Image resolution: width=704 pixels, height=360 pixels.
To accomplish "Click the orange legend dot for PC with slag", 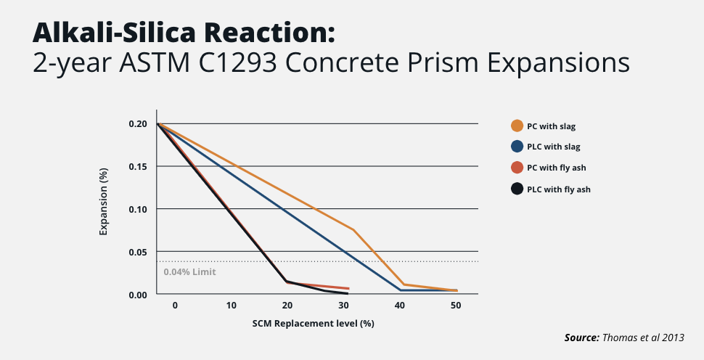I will tap(517, 126).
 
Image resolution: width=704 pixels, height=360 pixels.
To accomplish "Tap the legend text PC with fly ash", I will tap(556, 168).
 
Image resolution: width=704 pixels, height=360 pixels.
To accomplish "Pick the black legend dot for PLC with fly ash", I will tap(517, 189).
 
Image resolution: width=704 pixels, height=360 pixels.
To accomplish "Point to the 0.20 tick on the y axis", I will tap(138, 124).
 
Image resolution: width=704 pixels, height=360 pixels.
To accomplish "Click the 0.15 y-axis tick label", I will tap(138, 167).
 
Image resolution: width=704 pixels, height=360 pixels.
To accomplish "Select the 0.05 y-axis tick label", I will tap(138, 252).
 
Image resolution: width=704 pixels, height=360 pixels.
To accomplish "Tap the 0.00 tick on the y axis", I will tap(138, 295).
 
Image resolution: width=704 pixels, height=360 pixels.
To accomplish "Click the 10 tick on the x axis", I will tap(231, 306).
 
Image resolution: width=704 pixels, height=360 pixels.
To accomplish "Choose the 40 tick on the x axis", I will tap(400, 306).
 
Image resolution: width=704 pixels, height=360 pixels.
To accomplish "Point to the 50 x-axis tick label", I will tap(456, 306).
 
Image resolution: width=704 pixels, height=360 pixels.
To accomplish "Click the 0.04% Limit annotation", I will tap(189, 272).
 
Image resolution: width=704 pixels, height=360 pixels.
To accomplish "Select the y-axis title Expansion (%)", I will tap(104, 209).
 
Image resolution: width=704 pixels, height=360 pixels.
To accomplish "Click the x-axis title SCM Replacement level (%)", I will tap(313, 323).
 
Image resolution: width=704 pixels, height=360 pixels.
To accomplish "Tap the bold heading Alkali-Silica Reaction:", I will tap(184, 33).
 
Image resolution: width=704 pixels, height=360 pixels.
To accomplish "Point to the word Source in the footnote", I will tap(581, 338).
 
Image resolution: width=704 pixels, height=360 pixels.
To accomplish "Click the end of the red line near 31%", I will tap(348, 289).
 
